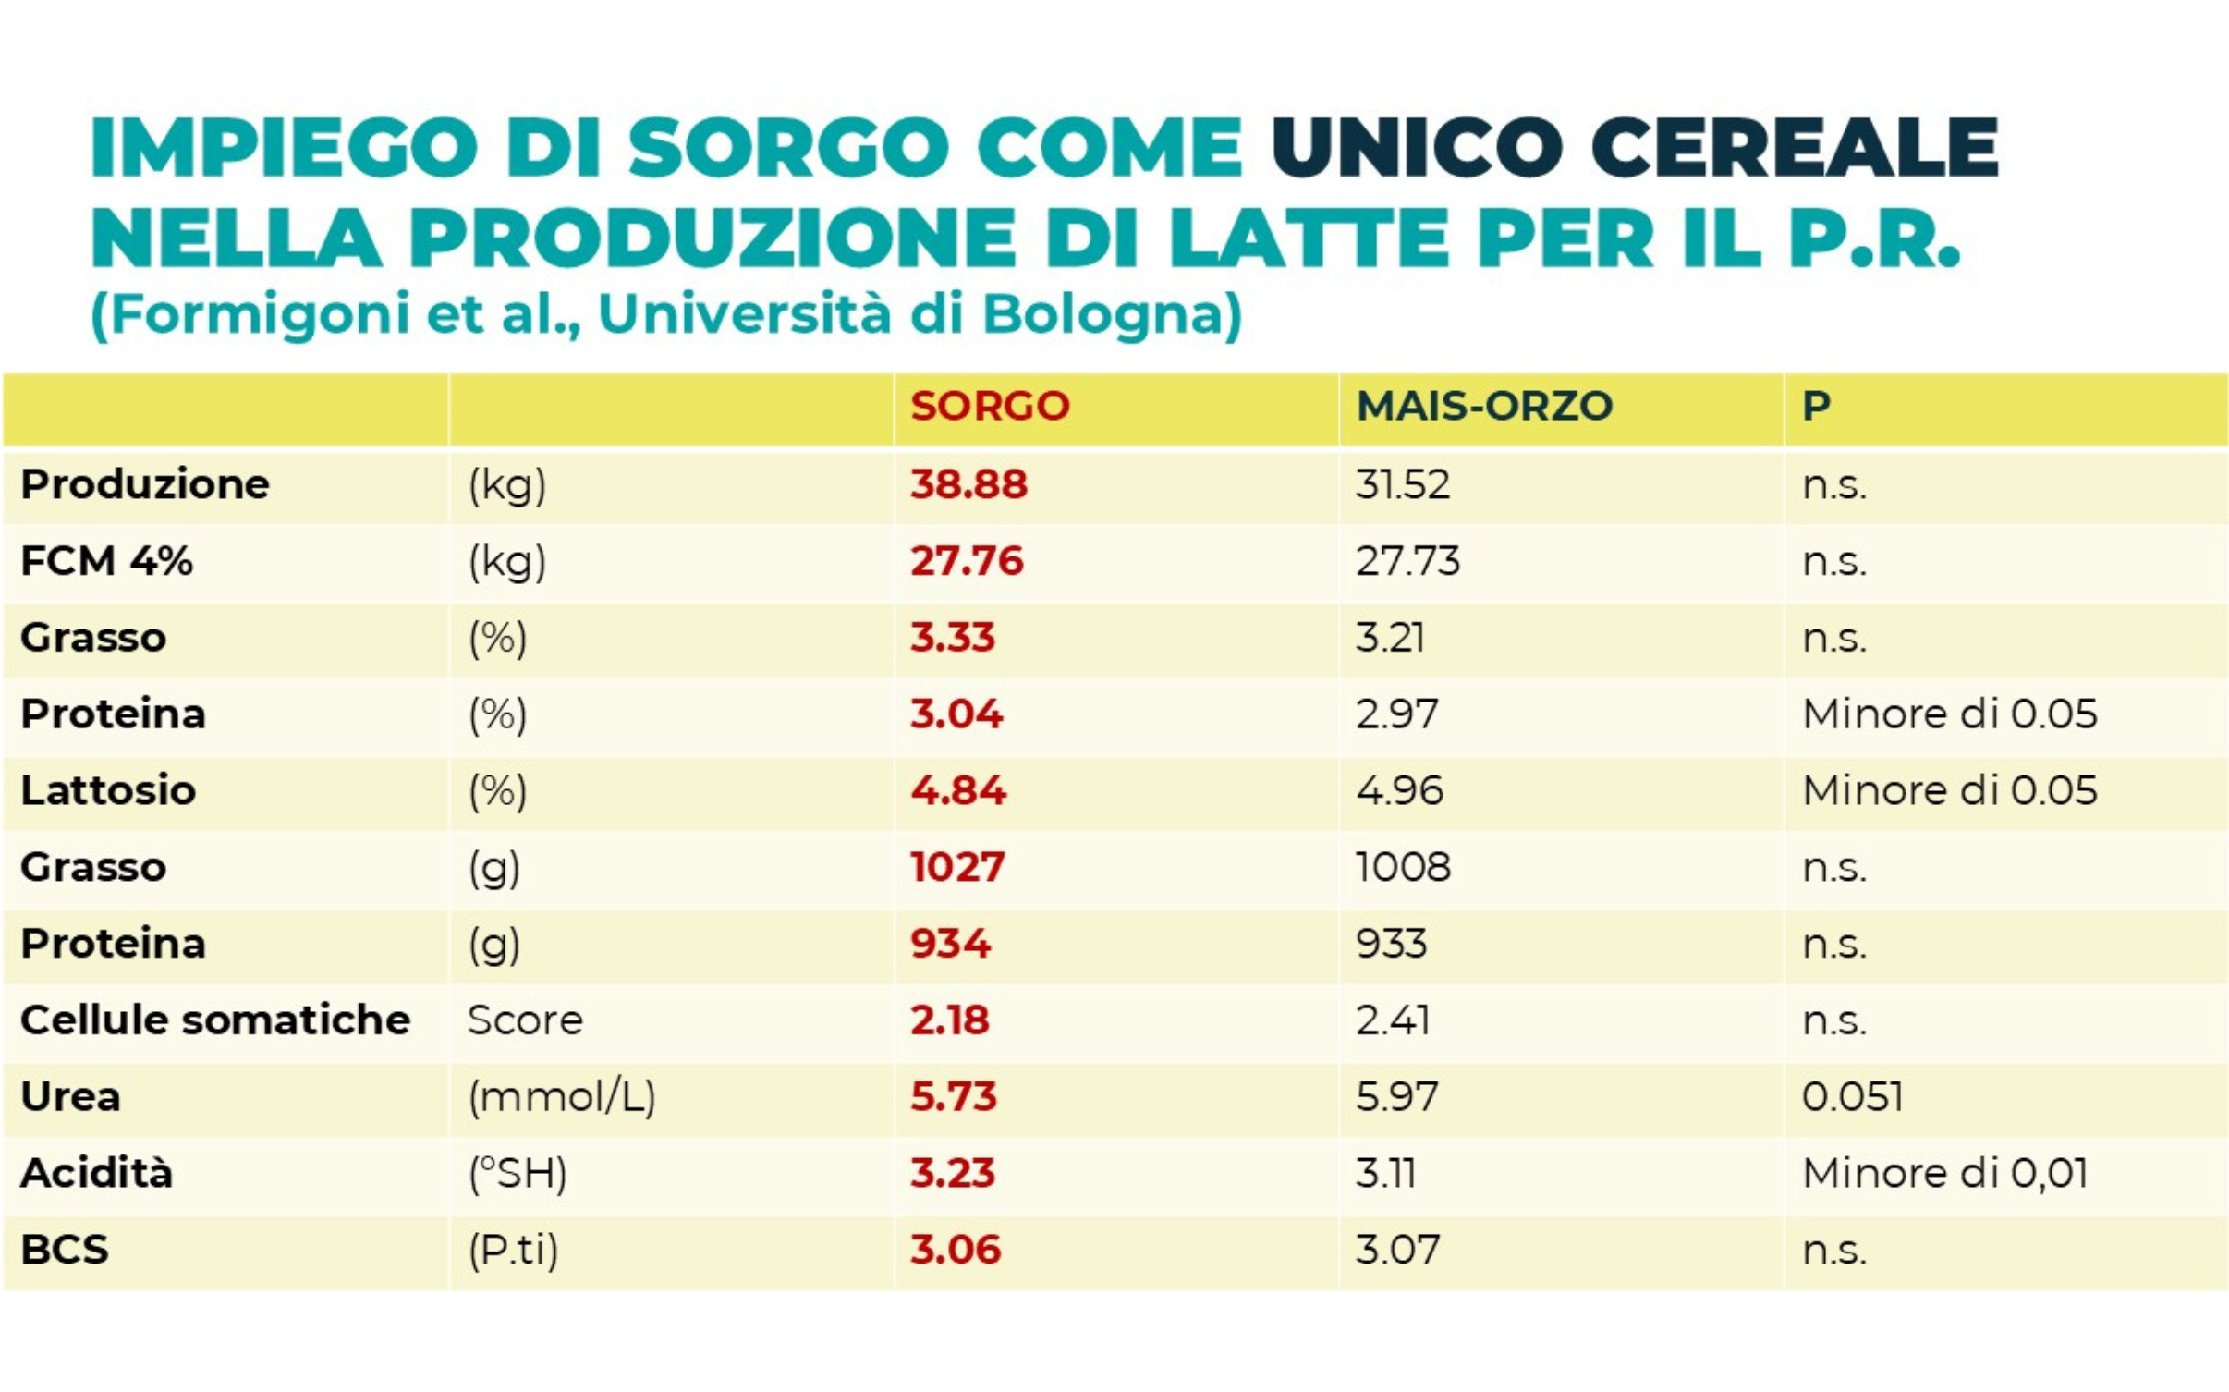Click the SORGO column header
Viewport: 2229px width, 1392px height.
tap(989, 406)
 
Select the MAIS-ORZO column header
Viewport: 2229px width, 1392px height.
tap(1483, 406)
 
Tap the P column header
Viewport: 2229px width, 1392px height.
tap(1815, 406)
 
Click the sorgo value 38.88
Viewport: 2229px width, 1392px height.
tap(968, 484)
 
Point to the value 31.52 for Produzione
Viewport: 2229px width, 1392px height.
tap(1402, 484)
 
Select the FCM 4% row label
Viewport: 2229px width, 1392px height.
tap(106, 561)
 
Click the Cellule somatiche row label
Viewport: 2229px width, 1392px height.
tap(214, 1020)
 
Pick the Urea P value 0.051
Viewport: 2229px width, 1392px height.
tap(1851, 1096)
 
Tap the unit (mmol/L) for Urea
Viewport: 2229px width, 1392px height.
tap(561, 1097)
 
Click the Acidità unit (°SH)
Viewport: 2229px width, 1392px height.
tap(517, 1174)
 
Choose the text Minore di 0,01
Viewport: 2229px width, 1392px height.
tap(1944, 1173)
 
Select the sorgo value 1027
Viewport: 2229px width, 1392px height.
tap(956, 867)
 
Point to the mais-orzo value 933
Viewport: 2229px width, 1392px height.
tap(1391, 944)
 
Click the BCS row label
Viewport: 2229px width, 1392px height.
tap(65, 1250)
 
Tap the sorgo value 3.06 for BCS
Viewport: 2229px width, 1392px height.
tap(955, 1250)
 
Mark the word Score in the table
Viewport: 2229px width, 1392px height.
tap(524, 1020)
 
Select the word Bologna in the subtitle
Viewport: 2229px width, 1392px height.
tap(1110, 314)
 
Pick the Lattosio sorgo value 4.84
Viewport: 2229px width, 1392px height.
tap(957, 790)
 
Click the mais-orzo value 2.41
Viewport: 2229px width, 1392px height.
tap(1392, 1020)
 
